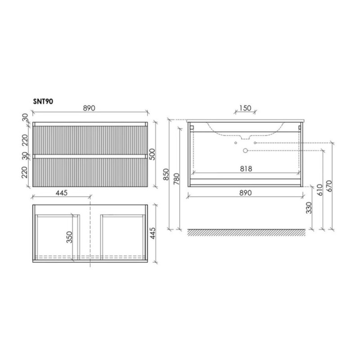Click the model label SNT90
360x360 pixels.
point(43,102)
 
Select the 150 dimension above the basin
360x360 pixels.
point(245,108)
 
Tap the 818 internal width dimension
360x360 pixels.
point(246,169)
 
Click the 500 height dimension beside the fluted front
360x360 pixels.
point(152,154)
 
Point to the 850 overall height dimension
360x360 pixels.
point(166,175)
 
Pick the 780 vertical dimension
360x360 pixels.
point(176,179)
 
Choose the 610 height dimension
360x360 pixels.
point(319,189)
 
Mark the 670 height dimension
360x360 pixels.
point(329,186)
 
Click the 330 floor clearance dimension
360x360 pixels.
point(309,208)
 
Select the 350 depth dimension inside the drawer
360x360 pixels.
point(69,237)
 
